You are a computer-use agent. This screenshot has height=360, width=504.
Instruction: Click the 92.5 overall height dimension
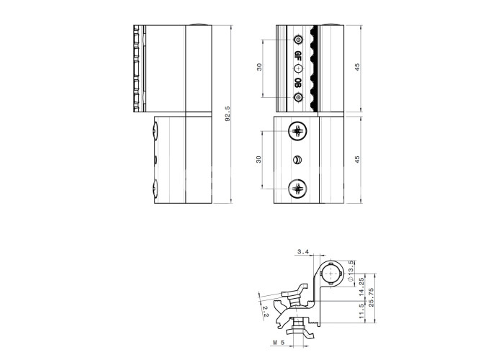point(228,114)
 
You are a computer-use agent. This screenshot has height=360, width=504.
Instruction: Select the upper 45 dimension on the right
point(357,67)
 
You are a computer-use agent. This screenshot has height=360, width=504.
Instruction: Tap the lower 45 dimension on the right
point(357,159)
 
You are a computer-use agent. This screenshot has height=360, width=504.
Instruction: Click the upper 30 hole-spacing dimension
point(259,67)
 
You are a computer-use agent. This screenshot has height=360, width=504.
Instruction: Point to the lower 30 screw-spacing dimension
point(258,159)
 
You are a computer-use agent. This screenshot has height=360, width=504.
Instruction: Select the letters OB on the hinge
point(298,83)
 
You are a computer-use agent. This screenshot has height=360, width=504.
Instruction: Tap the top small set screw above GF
point(298,40)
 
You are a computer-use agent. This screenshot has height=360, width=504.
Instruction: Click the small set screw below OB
point(298,97)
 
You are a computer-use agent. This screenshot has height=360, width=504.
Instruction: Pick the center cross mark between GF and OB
point(298,68)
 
